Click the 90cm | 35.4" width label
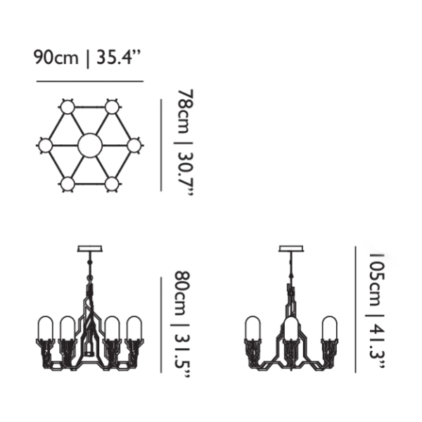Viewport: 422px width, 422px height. point(87,58)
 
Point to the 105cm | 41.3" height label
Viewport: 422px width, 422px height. point(376,311)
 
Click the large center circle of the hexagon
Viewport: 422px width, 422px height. point(90,146)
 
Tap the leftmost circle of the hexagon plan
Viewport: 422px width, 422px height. point(46,146)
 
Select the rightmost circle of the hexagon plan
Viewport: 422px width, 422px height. point(134,146)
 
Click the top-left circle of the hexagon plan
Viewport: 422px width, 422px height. point(68,108)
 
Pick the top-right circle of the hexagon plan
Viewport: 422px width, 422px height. point(112,108)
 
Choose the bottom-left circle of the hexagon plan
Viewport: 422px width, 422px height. point(68,184)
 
